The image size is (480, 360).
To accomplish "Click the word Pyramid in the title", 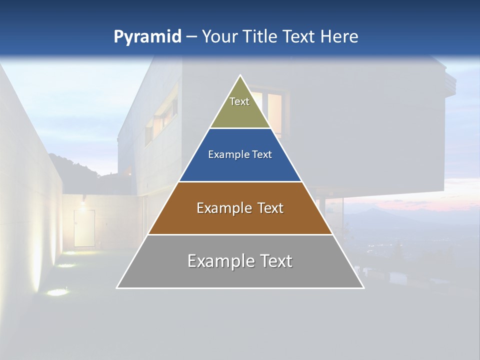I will (x=147, y=36).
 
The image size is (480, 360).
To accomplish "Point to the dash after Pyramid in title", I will (x=191, y=37).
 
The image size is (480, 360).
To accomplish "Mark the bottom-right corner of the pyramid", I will (x=363, y=287).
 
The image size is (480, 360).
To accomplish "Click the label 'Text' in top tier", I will (x=239, y=101).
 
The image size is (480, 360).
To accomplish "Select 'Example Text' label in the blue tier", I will (x=240, y=154).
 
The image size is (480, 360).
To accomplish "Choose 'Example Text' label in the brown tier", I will (x=240, y=208).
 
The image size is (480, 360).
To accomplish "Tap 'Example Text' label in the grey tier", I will (x=240, y=261).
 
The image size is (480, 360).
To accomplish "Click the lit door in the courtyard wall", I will (x=84, y=227).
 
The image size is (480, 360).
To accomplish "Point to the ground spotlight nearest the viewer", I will (x=58, y=291).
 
